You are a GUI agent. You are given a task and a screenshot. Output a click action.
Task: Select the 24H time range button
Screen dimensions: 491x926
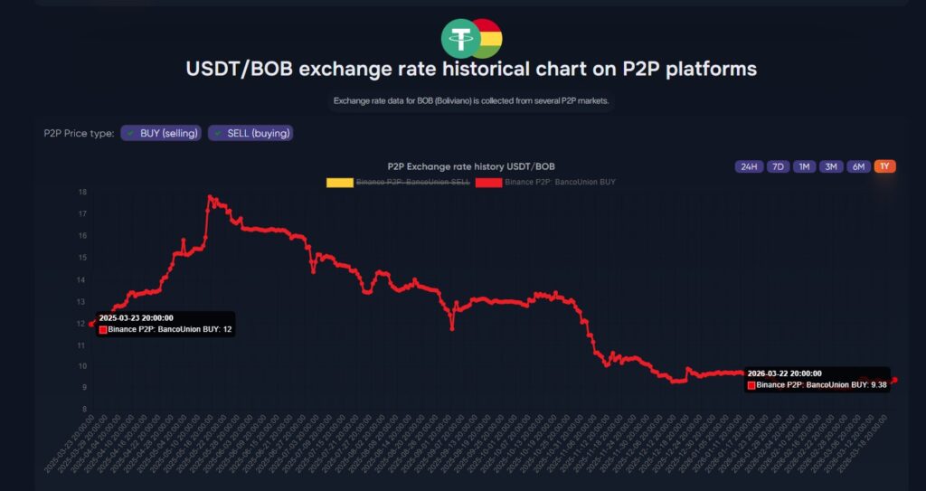(749, 166)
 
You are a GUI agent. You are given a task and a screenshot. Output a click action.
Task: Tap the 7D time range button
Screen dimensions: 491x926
(777, 166)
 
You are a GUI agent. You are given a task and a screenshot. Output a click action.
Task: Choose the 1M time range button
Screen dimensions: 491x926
(804, 166)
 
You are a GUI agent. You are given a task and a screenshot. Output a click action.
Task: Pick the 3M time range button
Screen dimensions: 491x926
(831, 166)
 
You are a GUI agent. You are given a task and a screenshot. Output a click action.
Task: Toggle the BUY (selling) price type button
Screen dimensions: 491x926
(161, 133)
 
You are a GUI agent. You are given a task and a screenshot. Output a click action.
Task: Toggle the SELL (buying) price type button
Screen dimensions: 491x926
(250, 133)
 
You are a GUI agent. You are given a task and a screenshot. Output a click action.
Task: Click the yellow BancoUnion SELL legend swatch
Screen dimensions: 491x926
(339, 182)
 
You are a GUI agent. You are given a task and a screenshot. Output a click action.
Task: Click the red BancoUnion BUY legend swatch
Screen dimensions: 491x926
(488, 182)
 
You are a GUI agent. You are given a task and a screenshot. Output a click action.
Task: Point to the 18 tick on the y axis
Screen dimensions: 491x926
(82, 192)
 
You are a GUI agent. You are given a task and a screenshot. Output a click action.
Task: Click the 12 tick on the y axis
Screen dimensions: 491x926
(82, 323)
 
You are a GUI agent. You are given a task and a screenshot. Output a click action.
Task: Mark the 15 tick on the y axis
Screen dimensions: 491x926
(82, 258)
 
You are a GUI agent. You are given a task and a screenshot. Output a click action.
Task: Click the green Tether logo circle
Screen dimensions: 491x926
(461, 39)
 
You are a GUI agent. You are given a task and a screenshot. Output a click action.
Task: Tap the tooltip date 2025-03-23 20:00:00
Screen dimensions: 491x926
(137, 318)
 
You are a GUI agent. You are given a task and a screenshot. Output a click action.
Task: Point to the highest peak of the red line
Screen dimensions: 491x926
(209, 196)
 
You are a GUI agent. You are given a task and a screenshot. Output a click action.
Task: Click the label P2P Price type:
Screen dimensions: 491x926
(79, 134)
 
